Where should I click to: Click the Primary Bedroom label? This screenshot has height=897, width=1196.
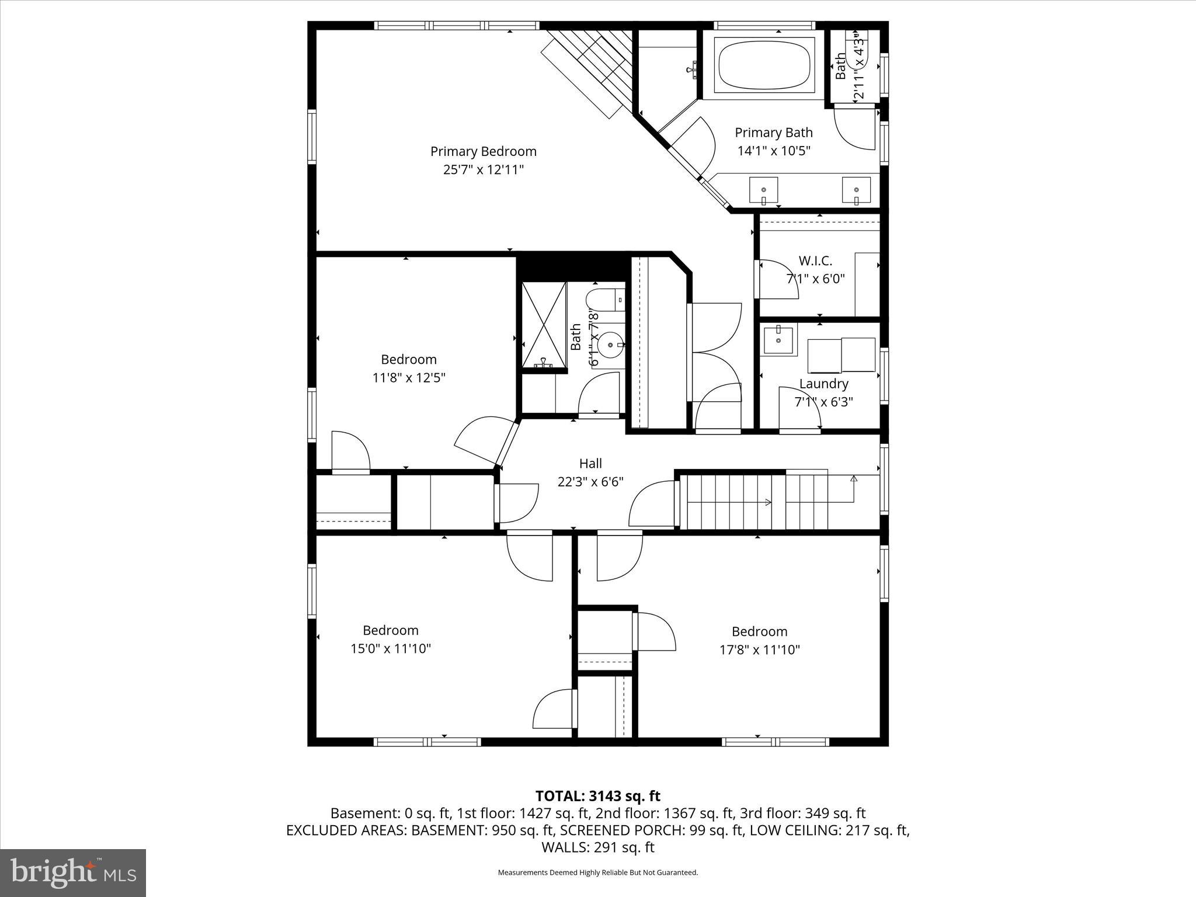pos(483,151)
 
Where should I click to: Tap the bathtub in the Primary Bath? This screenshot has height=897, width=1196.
pos(764,65)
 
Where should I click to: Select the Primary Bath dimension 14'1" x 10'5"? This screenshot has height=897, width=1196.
pos(774,151)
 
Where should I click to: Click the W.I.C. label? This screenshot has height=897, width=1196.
pos(815,260)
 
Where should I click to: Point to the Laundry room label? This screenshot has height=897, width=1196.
pos(823,384)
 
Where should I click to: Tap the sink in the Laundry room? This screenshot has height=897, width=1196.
pos(778,340)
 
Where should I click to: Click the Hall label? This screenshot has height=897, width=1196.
pos(590,463)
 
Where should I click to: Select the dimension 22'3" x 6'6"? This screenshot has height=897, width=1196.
pos(590,482)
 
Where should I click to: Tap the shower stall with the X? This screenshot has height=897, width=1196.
pos(544,325)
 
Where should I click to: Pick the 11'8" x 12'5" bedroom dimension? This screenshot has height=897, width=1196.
pos(409,378)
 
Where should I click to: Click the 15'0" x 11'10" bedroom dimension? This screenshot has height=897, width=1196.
pos(391,648)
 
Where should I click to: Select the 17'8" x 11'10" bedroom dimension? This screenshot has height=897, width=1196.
pos(759,649)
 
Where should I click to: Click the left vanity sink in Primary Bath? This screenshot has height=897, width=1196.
pos(763,190)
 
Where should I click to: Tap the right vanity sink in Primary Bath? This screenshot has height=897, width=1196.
pos(856,190)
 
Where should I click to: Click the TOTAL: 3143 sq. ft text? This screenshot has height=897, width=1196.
pos(597,796)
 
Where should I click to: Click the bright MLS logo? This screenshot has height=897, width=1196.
pos(73,873)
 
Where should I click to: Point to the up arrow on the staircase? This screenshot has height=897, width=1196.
pos(854,479)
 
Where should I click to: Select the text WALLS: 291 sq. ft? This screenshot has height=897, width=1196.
pos(597,847)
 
